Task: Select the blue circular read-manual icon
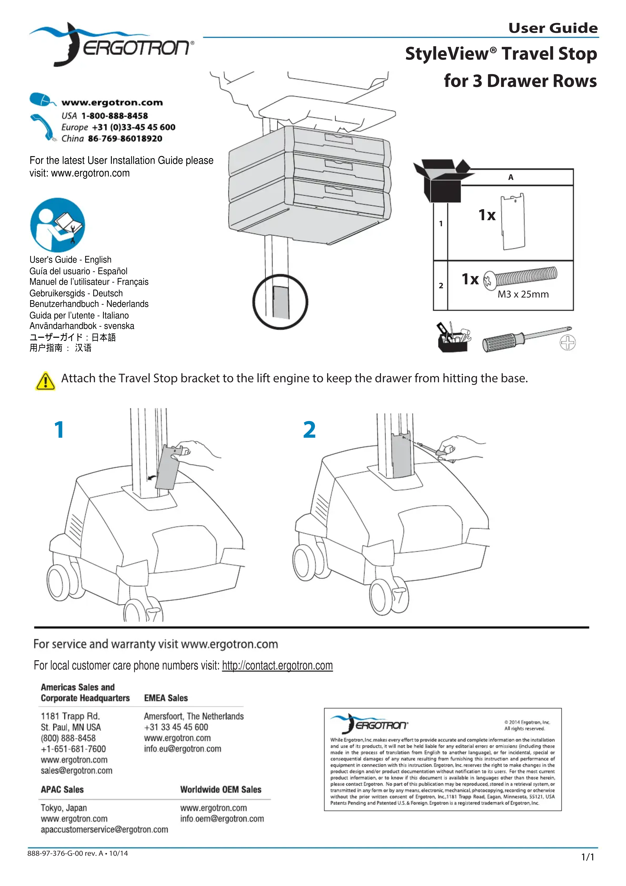[x=58, y=225]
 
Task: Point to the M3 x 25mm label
[x=523, y=294]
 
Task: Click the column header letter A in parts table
[x=511, y=177]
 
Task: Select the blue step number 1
[x=59, y=430]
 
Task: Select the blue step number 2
[x=309, y=430]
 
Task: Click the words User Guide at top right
[x=553, y=28]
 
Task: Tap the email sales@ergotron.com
[x=76, y=771]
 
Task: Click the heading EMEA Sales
[x=166, y=698]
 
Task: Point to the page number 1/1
[x=587, y=857]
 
